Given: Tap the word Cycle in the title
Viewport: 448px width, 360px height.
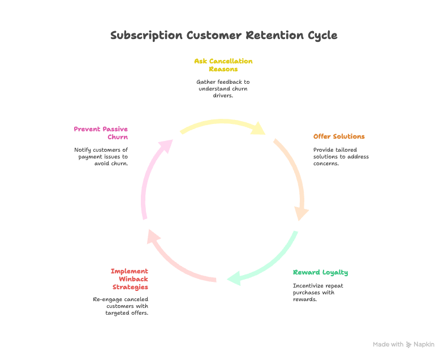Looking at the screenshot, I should (x=322, y=36).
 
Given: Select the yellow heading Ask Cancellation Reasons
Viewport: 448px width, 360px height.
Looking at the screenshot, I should (x=223, y=65).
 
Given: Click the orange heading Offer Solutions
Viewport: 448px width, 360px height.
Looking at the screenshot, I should (x=339, y=136).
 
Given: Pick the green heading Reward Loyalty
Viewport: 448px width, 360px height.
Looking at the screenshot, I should (x=320, y=272).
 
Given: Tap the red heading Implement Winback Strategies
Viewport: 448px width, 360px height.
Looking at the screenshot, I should (x=130, y=279).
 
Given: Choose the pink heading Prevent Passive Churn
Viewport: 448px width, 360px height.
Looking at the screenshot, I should (x=101, y=133).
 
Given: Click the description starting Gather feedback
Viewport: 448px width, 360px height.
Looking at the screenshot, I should (x=223, y=89).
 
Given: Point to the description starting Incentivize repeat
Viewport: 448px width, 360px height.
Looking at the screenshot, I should (x=318, y=293).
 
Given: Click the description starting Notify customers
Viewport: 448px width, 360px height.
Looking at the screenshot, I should (x=101, y=157).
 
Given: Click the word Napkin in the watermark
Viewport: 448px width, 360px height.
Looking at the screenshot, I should (x=424, y=344).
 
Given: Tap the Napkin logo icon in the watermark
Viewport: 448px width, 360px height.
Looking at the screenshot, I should (x=408, y=344).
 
